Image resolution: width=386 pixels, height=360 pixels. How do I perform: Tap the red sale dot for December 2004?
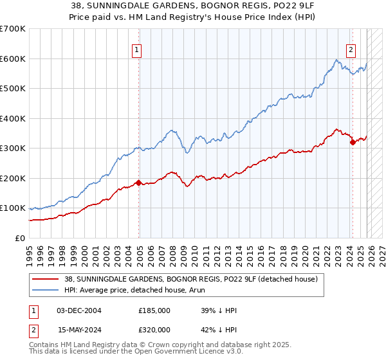click(x=138, y=183)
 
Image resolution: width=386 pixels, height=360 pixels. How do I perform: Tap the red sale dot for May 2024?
click(x=352, y=143)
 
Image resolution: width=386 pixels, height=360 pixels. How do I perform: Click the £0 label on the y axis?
click(x=20, y=239)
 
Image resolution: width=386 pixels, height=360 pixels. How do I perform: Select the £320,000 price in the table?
click(x=154, y=330)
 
